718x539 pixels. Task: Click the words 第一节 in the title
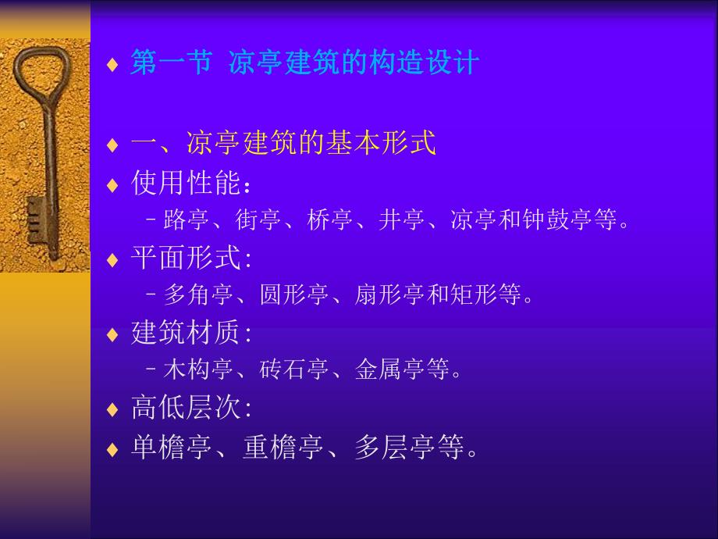tap(171, 62)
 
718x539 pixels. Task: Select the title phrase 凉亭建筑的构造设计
tap(353, 62)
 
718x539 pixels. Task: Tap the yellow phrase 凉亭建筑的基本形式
tap(311, 144)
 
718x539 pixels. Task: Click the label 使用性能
tap(186, 184)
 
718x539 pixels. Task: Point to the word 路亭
tap(186, 221)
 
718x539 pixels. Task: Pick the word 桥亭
tap(330, 221)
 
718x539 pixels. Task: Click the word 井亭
tap(402, 221)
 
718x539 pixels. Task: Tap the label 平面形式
tap(186, 259)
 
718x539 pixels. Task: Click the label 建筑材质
tap(186, 333)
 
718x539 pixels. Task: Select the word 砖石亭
tap(293, 369)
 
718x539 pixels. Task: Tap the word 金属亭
tap(389, 369)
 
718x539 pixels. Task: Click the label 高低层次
tap(186, 408)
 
